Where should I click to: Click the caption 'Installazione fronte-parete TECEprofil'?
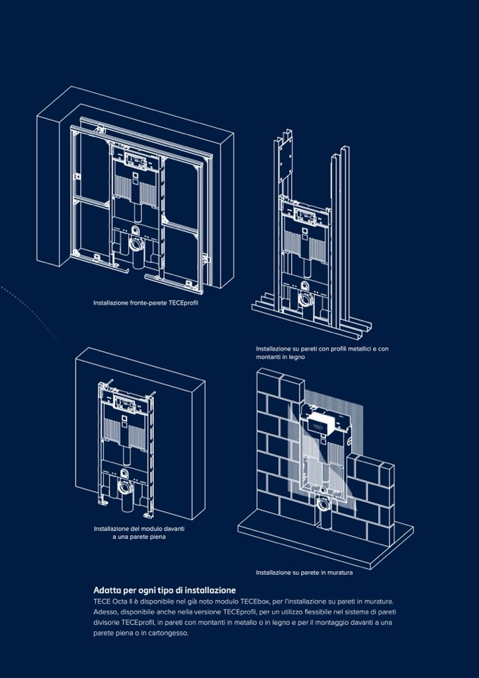(x=146, y=303)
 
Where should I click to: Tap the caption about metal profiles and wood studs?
(x=321, y=353)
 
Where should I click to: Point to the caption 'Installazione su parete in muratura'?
(x=304, y=572)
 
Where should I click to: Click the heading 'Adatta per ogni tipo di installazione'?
(x=165, y=590)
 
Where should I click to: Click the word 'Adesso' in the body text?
(x=105, y=612)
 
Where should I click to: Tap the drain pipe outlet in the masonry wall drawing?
(x=323, y=505)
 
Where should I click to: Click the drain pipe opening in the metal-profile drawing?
(x=305, y=299)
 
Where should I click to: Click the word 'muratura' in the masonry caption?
(x=339, y=572)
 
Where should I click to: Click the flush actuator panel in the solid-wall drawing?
(x=126, y=406)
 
